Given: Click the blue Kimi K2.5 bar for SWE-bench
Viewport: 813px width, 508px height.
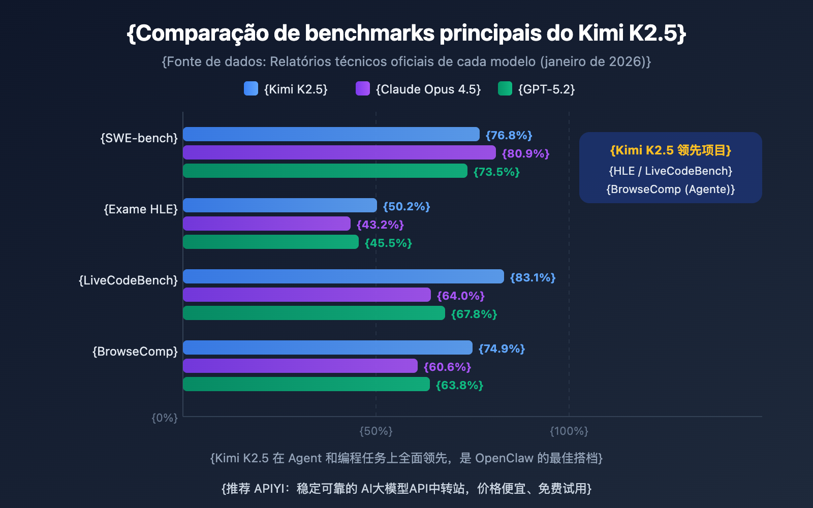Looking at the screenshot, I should pyautogui.click(x=331, y=134).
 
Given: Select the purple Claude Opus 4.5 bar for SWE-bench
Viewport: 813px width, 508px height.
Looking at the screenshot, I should pyautogui.click(x=339, y=152).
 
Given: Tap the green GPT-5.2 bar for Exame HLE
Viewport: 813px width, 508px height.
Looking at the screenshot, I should pyautogui.click(x=270, y=242).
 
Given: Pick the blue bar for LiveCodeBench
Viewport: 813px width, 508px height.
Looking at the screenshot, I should pyautogui.click(x=343, y=276).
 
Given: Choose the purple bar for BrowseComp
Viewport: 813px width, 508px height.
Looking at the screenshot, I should pyautogui.click(x=300, y=366).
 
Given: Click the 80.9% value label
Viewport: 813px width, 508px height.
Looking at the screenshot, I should pyautogui.click(x=525, y=153).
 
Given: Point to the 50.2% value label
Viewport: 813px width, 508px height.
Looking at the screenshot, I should pyautogui.click(x=407, y=206).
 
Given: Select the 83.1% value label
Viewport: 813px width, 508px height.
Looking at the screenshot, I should pyautogui.click(x=533, y=277).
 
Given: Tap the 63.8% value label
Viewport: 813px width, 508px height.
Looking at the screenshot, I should pyautogui.click(x=459, y=385).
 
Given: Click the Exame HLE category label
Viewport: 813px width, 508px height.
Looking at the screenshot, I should pyautogui.click(x=141, y=209).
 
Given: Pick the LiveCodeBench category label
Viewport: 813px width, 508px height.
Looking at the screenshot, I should pyautogui.click(x=128, y=280).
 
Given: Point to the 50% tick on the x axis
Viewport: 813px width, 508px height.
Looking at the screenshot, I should pyautogui.click(x=376, y=431).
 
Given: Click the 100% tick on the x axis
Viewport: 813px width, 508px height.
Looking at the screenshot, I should pyautogui.click(x=569, y=431).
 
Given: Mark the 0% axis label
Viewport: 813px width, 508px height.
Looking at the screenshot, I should pyautogui.click(x=165, y=418).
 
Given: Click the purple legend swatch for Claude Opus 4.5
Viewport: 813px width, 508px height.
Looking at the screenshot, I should pyautogui.click(x=363, y=88).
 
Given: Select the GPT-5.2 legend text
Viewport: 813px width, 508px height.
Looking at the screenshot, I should pyautogui.click(x=546, y=89).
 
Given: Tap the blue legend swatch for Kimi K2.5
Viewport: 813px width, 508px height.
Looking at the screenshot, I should pyautogui.click(x=251, y=88).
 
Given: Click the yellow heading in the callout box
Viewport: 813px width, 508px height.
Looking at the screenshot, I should pyautogui.click(x=670, y=150).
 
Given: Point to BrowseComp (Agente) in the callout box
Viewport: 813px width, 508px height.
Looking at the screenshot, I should pyautogui.click(x=670, y=189).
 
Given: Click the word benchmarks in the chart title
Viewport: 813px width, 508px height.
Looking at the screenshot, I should pyautogui.click(x=369, y=34).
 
